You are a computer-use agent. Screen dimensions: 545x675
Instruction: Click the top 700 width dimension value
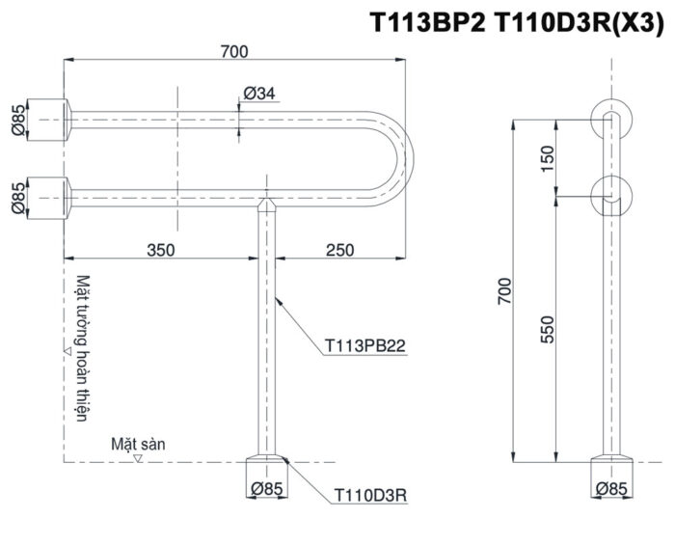pos(233,51)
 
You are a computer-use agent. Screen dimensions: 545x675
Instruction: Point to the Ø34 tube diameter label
pos(259,93)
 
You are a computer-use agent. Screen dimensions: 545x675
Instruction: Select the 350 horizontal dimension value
pos(160,250)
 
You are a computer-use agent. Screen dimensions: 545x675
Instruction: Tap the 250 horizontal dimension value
pos(339,250)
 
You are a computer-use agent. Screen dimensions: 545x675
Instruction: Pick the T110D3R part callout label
pos(370,495)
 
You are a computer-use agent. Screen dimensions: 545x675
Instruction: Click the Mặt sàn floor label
pos(138,444)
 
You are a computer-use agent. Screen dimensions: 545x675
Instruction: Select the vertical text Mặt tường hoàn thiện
pos(81,347)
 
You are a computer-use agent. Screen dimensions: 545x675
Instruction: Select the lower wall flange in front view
pos(49,196)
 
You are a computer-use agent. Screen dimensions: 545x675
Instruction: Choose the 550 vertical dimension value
pos(547,329)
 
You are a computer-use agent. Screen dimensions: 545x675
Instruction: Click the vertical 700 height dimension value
pos(501,288)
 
